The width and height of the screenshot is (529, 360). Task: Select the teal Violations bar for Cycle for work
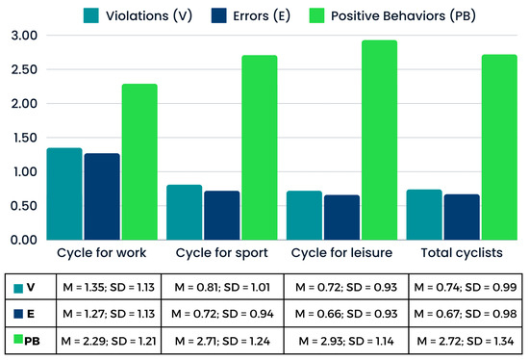64,193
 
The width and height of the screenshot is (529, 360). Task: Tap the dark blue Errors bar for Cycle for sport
221,215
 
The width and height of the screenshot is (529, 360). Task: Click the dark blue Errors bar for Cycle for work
101,196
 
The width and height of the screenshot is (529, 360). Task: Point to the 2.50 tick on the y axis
21,70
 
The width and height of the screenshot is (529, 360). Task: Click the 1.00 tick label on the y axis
21,172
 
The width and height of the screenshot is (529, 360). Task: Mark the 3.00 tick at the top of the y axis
21,36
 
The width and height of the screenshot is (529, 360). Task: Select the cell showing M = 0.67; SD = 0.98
466,314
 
